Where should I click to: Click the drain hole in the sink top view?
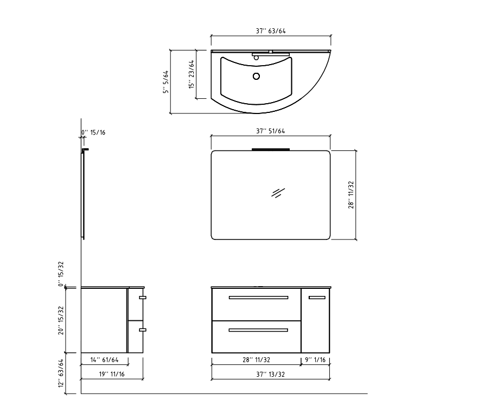(257, 77)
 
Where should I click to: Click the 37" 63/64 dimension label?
(271, 31)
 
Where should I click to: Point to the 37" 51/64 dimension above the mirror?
(271, 131)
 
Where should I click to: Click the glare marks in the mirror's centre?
(278, 193)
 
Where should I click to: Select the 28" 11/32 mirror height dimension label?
(352, 195)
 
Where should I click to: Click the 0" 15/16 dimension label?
(93, 132)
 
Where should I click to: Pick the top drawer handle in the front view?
(258, 298)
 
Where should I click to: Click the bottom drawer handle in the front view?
(258, 330)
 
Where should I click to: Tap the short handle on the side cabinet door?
(317, 297)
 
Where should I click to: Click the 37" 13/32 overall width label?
(271, 374)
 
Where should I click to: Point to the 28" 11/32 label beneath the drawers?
(257, 359)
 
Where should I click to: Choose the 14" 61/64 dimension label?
(104, 359)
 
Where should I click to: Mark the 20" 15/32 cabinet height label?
(62, 320)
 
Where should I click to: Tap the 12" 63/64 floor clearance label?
(62, 374)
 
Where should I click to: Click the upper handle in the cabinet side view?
(143, 298)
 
